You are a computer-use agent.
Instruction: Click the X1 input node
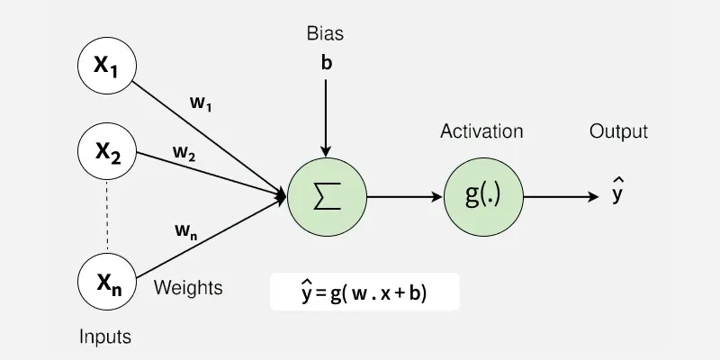[108, 66]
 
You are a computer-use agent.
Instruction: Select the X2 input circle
[108, 151]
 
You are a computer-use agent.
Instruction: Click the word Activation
[481, 131]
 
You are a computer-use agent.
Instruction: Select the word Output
[618, 131]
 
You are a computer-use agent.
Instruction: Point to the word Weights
[188, 288]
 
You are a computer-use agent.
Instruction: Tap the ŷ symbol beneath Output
[617, 193]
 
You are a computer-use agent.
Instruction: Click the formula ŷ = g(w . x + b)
[365, 292]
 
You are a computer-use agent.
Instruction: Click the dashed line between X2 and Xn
[108, 216]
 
